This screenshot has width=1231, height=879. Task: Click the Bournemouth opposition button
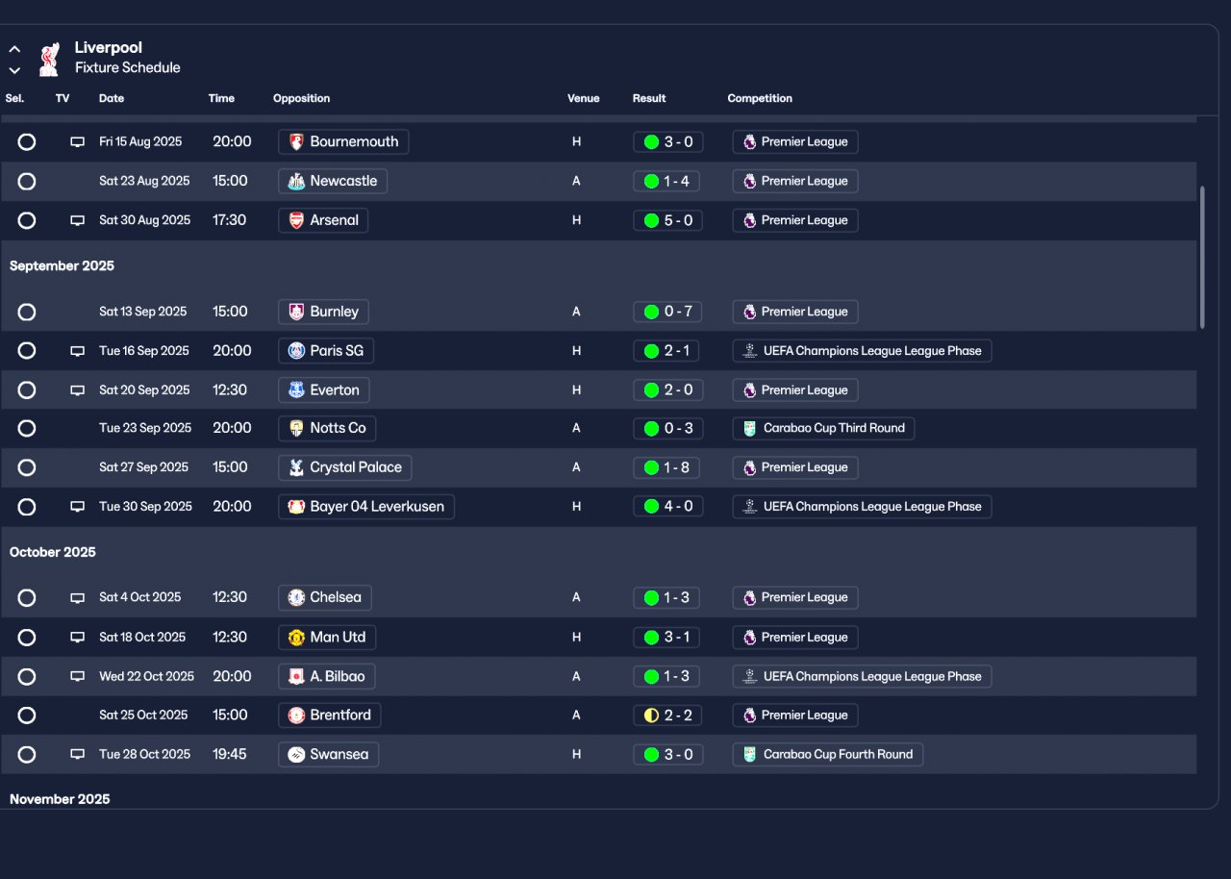point(343,141)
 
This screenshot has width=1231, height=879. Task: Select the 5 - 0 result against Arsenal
point(667,220)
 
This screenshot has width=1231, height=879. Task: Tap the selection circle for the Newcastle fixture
point(27,181)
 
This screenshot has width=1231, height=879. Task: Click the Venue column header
point(583,98)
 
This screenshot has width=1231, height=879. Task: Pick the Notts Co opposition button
point(327,428)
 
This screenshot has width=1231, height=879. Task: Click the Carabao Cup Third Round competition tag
point(823,428)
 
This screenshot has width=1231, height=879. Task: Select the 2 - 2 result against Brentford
point(667,716)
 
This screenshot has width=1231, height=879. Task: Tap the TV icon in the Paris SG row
point(77,351)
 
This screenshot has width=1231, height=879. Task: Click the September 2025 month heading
point(62,266)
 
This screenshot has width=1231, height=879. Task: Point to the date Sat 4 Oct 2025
point(139,597)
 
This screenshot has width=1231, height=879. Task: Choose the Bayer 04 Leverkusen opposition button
point(366,507)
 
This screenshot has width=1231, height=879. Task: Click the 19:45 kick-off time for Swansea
point(230,754)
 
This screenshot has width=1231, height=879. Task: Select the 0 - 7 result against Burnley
point(667,312)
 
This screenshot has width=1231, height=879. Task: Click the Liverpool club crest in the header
point(49,59)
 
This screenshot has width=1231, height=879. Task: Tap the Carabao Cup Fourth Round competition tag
point(827,754)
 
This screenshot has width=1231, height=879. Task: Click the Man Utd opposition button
point(327,637)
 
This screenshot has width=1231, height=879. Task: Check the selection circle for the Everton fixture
point(27,390)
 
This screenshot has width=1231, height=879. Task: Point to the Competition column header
point(760,98)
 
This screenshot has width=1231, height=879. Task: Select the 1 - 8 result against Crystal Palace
point(667,467)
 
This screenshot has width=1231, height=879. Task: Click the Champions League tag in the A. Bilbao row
point(862,676)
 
